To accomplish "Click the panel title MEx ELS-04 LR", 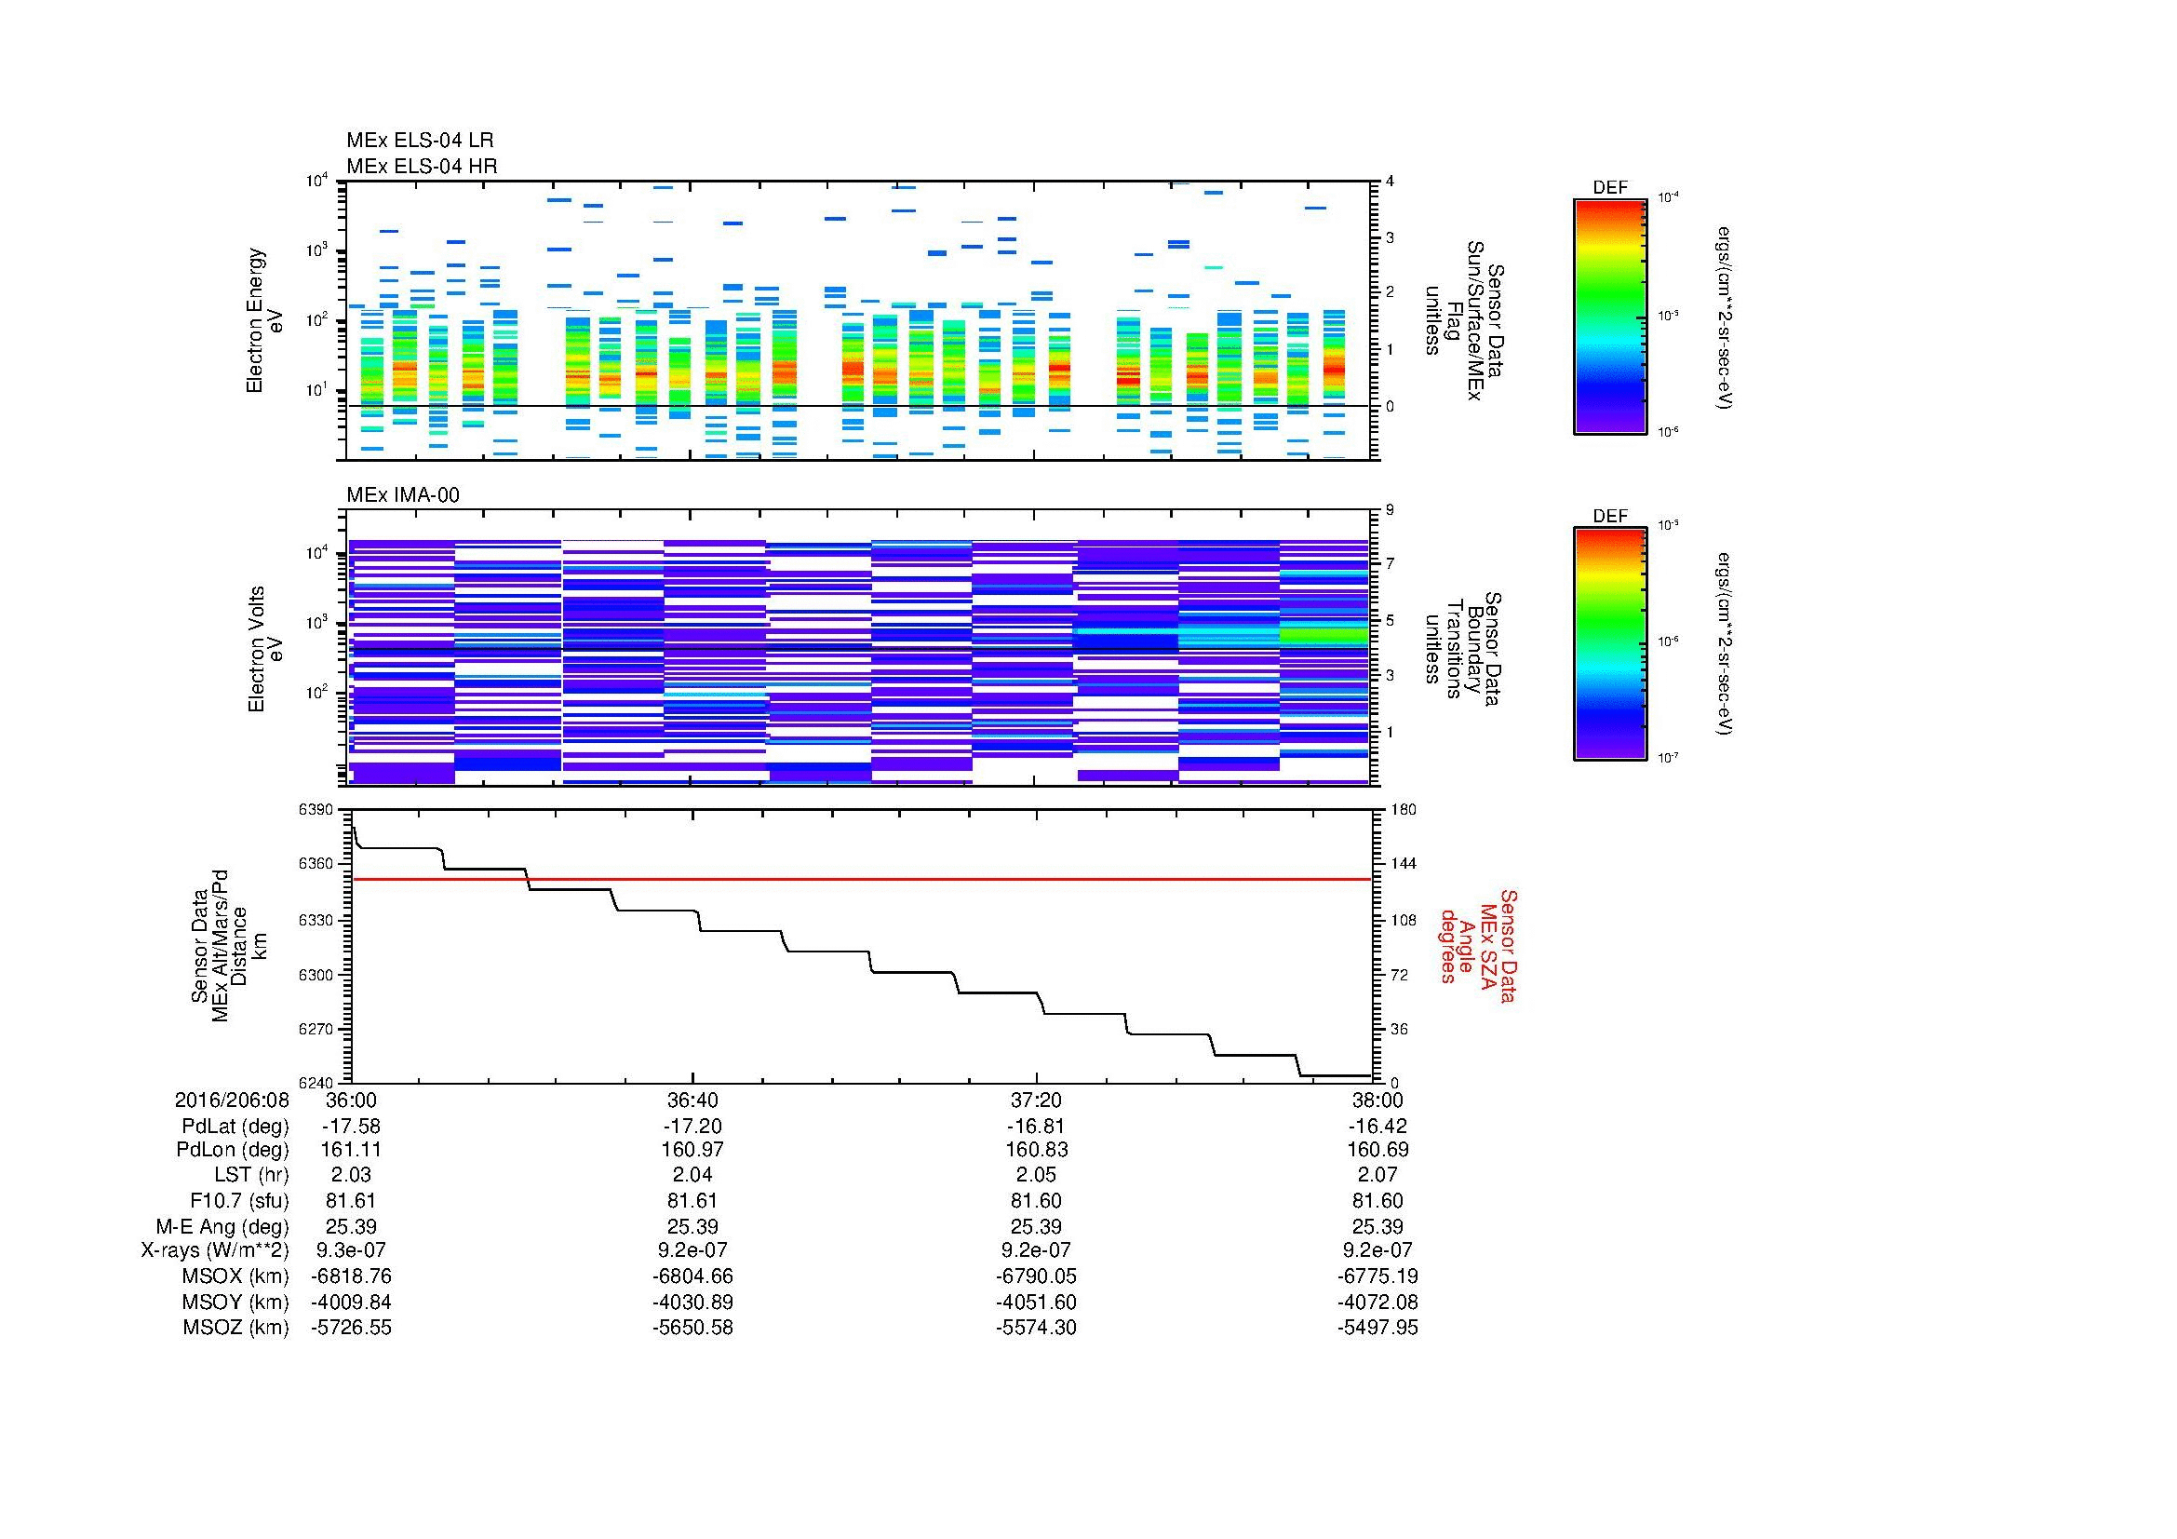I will tap(419, 142).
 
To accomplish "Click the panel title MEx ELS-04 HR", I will tap(421, 167).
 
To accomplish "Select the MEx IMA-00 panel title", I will tap(402, 495).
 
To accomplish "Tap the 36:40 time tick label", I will tap(692, 1100).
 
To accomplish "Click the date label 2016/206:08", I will tap(232, 1100).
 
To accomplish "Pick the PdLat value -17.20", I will tap(692, 1127).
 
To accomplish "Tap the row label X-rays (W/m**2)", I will tap(215, 1250).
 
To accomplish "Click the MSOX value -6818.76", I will tap(351, 1276).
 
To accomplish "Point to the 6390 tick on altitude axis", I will tap(316, 810).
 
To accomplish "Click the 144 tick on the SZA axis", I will tap(1403, 864).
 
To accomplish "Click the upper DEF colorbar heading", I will tap(1609, 188).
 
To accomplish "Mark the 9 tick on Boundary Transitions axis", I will tap(1390, 510).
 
